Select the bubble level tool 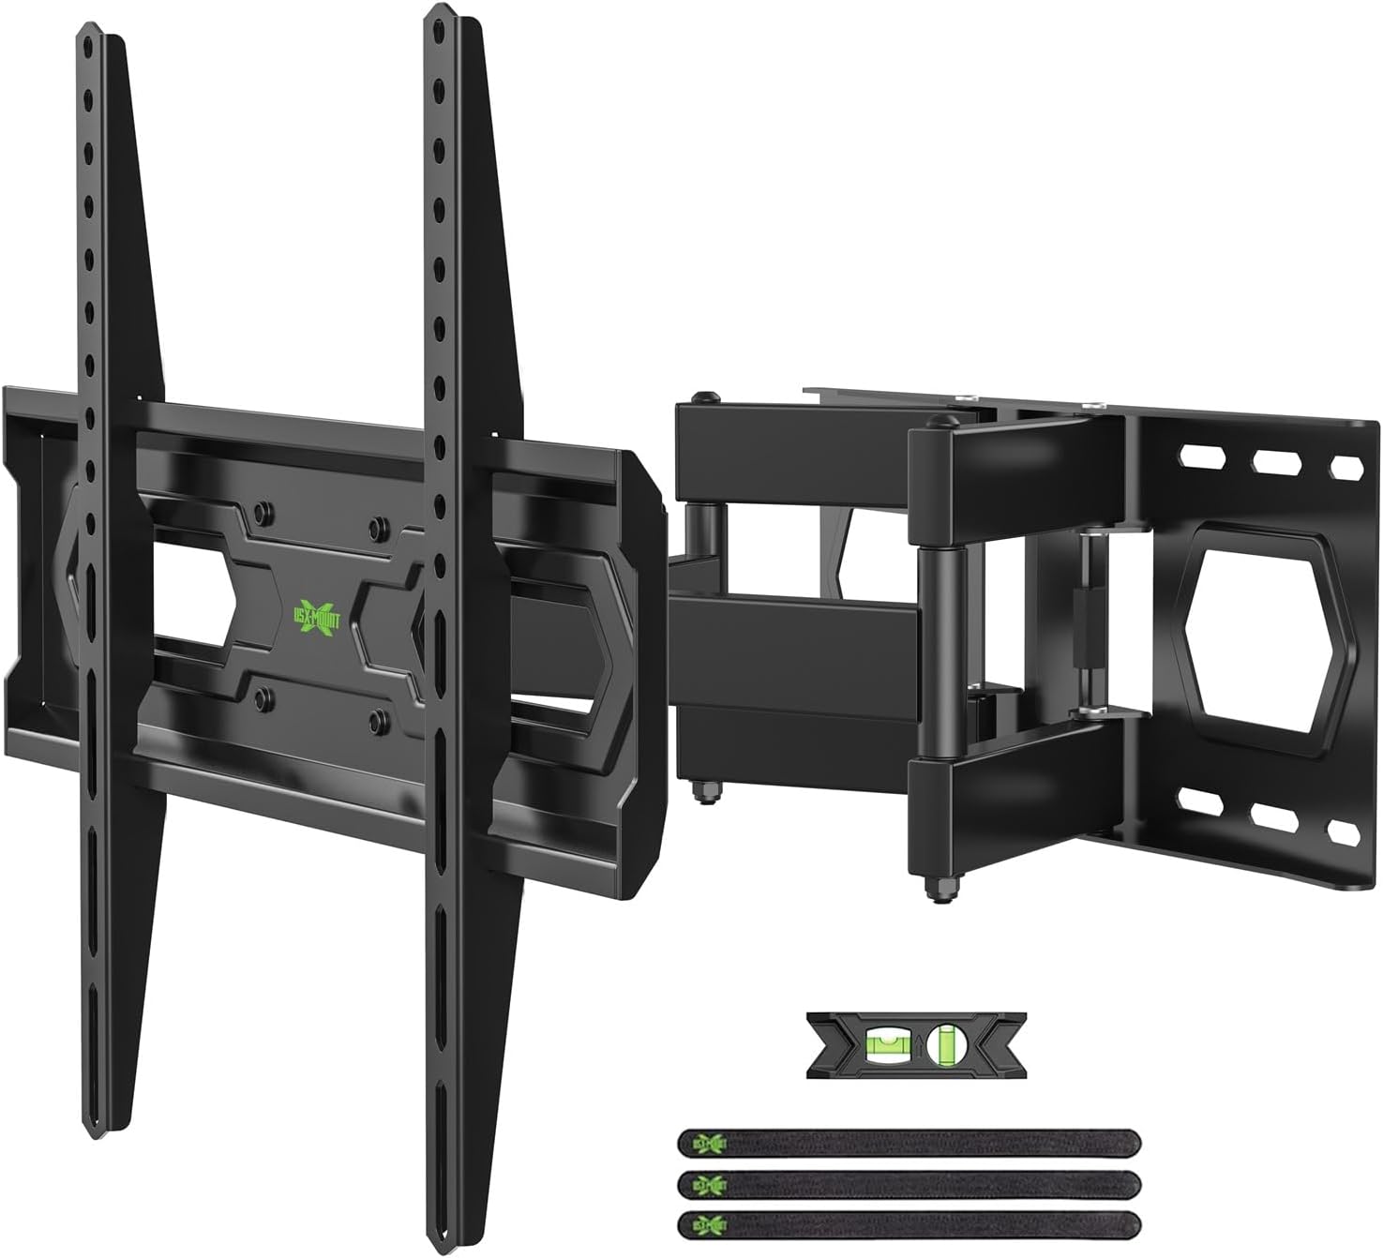point(915,1043)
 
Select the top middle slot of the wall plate point(1272,461)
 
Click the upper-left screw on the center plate point(263,513)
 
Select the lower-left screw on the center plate point(263,695)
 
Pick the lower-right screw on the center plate point(379,719)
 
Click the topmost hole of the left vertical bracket point(86,45)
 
